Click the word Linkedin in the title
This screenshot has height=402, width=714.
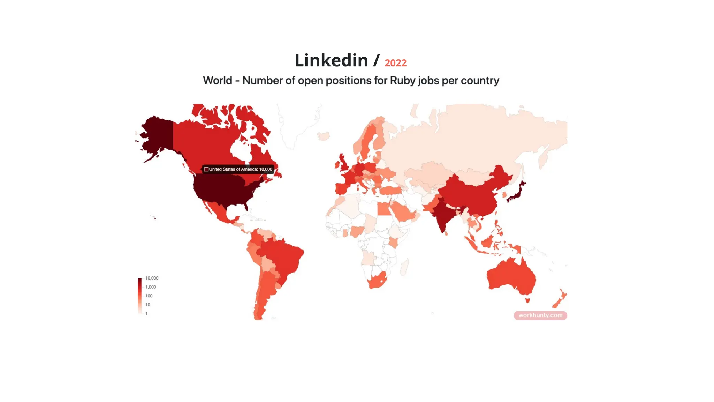click(331, 61)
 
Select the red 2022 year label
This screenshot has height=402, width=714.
click(395, 63)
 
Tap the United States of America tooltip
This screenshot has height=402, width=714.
click(238, 169)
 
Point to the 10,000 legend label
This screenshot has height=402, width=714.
click(152, 278)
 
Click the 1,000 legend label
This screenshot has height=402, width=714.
click(151, 287)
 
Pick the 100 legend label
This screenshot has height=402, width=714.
click(149, 296)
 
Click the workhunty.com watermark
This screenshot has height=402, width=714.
click(540, 315)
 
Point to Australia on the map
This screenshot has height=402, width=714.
click(511, 277)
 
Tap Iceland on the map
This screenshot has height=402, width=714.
click(324, 136)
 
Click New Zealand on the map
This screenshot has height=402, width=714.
click(560, 298)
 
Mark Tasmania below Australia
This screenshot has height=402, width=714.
click(527, 300)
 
